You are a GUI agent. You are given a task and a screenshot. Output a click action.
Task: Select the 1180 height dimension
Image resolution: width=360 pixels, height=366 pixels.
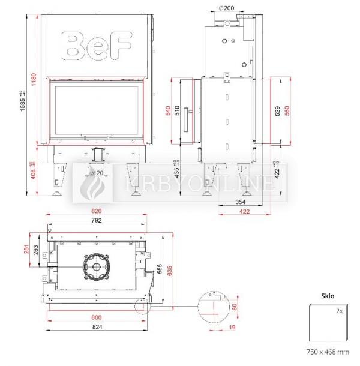(x=34, y=79)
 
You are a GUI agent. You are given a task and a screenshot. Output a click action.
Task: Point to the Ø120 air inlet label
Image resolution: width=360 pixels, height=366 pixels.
(x=94, y=173)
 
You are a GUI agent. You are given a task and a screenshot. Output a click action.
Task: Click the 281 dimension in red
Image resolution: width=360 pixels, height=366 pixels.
(x=25, y=248)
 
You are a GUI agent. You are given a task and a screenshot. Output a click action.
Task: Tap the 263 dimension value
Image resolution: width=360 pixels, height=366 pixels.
(x=36, y=250)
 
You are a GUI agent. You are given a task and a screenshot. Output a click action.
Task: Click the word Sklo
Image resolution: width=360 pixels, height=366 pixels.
(x=327, y=296)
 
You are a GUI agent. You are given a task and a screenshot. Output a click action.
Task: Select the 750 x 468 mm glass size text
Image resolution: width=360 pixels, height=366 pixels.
(x=327, y=352)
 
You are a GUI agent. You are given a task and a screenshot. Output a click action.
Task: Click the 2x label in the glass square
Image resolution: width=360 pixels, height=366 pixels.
(x=339, y=311)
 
